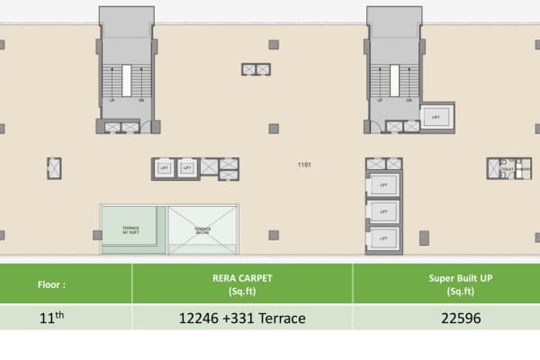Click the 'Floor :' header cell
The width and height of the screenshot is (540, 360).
tap(51, 283)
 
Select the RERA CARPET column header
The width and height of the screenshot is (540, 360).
tap(242, 283)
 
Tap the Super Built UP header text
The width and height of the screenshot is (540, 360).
tap(446, 283)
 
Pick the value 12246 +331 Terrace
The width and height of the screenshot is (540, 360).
tap(242, 318)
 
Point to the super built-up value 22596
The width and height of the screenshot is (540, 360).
tap(446, 318)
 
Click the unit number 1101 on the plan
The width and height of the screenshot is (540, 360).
tap(304, 166)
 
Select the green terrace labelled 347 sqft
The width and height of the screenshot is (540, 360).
tap(132, 229)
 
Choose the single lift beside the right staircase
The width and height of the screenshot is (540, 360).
tap(436, 117)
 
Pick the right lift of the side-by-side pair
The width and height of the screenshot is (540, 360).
tap(186, 167)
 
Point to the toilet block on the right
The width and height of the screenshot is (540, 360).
tap(504, 167)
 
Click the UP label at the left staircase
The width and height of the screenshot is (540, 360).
tap(112, 100)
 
